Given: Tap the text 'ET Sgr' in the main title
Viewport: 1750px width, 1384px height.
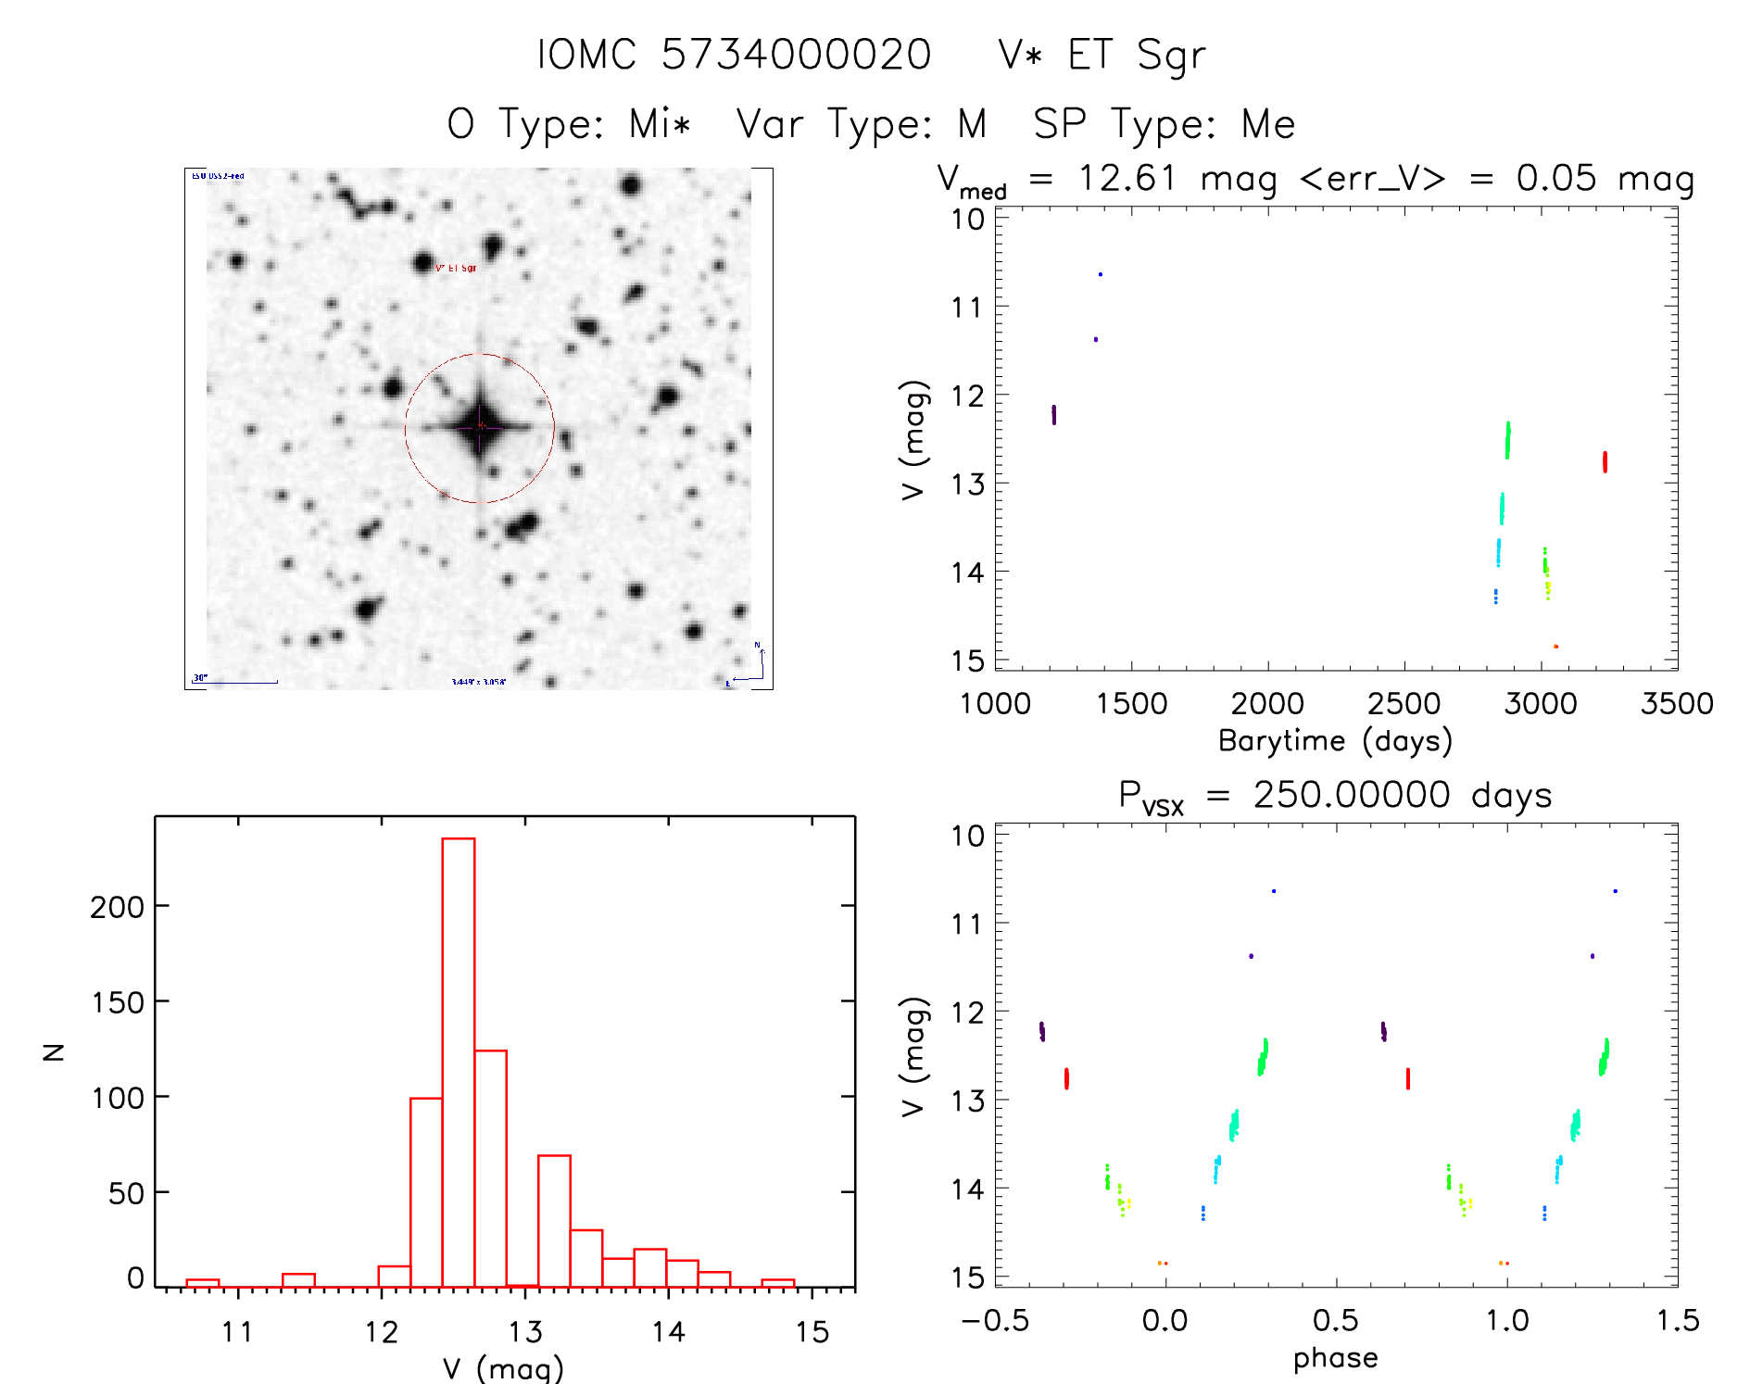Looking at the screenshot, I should [1136, 55].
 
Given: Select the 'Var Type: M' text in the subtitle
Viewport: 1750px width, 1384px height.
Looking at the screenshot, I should [861, 124].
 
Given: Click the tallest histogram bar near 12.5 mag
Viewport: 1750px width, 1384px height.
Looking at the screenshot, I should [459, 1062].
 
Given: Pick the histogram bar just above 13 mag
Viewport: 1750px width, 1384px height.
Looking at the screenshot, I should [554, 1220].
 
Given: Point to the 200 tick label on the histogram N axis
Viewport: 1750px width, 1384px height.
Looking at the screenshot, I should [117, 907].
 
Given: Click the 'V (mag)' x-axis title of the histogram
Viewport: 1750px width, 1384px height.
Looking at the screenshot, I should [502, 1367].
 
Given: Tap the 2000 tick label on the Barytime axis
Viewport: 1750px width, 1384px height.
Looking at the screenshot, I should [1267, 704].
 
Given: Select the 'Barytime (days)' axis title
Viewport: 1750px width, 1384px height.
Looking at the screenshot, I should [1335, 741].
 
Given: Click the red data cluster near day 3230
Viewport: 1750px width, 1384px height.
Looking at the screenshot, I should [1605, 461].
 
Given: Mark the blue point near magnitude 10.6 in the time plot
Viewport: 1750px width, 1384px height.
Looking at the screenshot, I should [1101, 274].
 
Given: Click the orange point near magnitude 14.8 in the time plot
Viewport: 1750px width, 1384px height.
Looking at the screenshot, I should [1555, 647].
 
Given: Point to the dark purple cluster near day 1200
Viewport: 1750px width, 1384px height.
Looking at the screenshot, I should [1053, 414].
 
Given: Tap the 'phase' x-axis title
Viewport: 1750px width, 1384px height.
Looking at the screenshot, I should [1335, 1358].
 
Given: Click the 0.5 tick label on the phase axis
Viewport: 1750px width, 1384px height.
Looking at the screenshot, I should [1335, 1321].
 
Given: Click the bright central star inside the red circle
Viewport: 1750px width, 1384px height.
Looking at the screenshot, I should [480, 427].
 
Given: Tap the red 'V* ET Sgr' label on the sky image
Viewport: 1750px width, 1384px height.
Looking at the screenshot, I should [456, 269].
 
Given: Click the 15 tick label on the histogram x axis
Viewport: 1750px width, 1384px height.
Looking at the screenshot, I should [812, 1333].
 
